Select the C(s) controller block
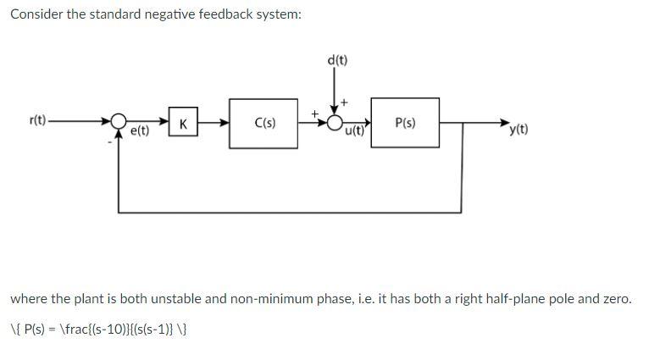[x=264, y=123]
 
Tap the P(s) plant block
[x=405, y=123]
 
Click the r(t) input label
[x=37, y=122]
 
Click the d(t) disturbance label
[x=336, y=60]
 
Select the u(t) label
[x=353, y=131]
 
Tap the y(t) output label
[x=518, y=130]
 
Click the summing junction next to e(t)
[x=119, y=123]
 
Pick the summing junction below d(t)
[x=336, y=123]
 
